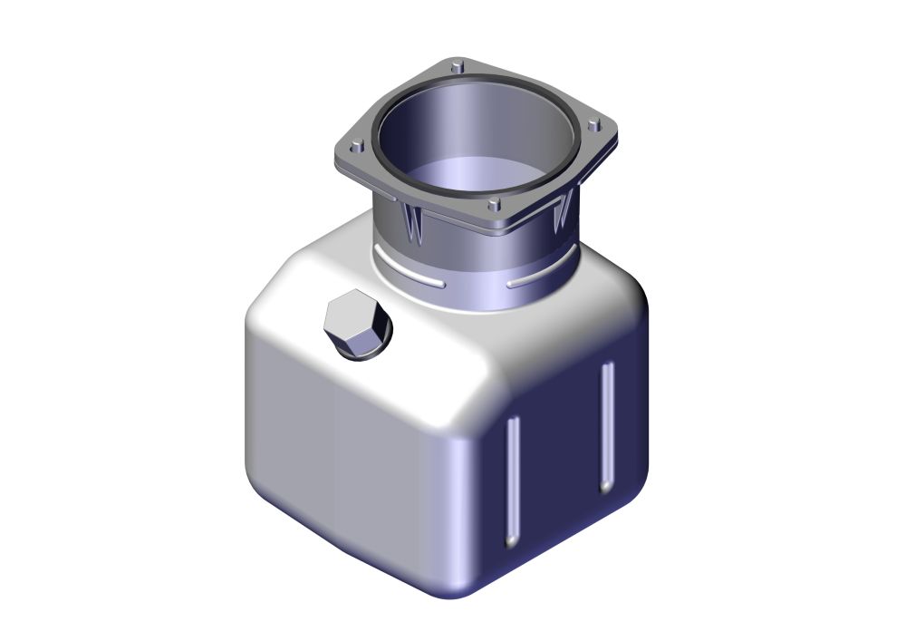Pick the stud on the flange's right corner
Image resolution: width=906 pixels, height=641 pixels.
593,124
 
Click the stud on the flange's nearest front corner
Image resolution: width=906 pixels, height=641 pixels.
493,206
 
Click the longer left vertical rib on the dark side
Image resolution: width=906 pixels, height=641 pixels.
513,481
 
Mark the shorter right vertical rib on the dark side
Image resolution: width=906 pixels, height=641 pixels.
607,426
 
